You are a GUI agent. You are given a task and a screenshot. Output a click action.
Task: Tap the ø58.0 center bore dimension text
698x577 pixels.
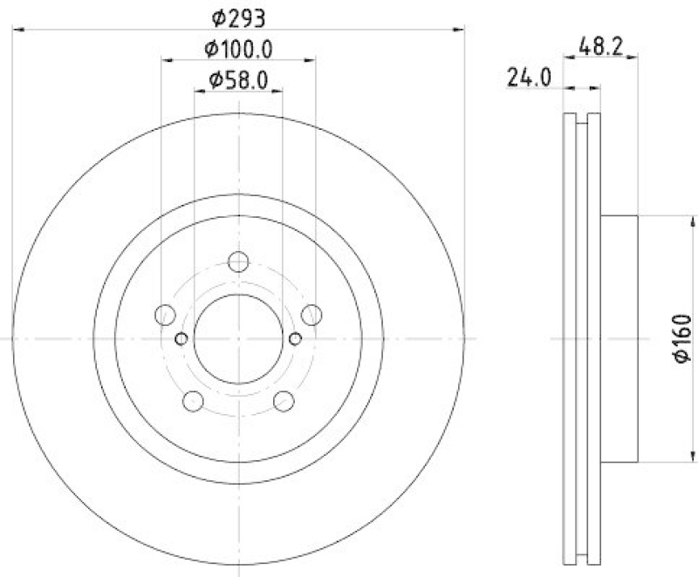(x=237, y=82)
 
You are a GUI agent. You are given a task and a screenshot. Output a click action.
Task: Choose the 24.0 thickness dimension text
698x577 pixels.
(x=529, y=79)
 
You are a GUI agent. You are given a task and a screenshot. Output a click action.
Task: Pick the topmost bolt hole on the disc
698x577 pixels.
(x=237, y=261)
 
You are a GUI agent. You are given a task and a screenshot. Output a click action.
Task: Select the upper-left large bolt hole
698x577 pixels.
(x=165, y=315)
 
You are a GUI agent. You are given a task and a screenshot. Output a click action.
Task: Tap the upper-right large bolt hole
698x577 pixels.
(x=311, y=315)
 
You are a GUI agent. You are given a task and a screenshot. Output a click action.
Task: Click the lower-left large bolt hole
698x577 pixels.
(x=193, y=400)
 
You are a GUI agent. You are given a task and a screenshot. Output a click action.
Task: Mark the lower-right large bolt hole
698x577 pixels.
(x=283, y=400)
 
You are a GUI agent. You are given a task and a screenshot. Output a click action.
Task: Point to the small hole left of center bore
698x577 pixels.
(x=181, y=338)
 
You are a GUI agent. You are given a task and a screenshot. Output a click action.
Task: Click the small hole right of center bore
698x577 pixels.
(x=295, y=338)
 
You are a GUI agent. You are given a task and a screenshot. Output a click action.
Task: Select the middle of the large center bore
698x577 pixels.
(x=237, y=338)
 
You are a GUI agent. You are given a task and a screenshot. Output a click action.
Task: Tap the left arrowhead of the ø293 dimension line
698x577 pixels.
(x=17, y=31)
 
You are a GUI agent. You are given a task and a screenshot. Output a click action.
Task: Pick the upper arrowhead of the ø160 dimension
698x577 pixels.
(x=694, y=220)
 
